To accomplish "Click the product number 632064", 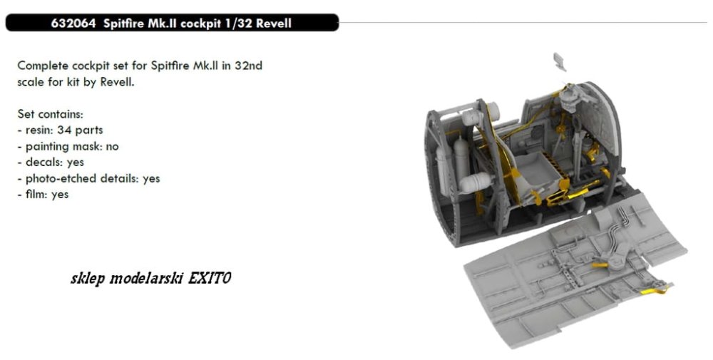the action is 73,24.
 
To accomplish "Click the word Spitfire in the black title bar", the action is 123,24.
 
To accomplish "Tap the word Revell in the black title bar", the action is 273,24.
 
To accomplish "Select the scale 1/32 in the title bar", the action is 237,24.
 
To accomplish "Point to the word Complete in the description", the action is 41,66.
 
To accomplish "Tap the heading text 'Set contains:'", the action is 51,113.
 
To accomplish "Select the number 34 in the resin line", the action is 64,130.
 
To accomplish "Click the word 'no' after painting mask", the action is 112,146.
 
